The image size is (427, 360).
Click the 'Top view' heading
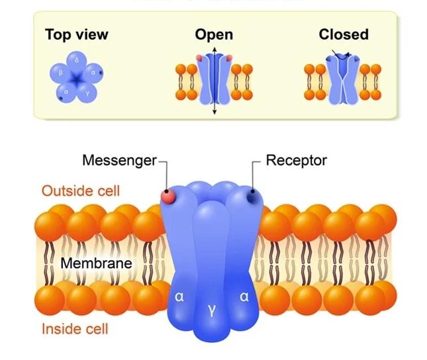[76, 34]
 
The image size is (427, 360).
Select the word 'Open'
[213, 34]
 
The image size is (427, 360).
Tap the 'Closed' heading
[344, 34]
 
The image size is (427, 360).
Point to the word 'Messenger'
[119, 160]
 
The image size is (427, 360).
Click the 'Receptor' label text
[296, 160]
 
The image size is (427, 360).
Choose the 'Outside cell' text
[81, 191]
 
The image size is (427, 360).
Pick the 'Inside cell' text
[75, 328]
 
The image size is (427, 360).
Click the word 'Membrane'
[96, 263]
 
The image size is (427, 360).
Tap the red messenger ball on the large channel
[169, 196]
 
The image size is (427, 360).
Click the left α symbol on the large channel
[179, 297]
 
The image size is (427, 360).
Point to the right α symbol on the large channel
[244, 297]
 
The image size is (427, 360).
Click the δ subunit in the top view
[77, 61]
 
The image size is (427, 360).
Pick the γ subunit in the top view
[87, 93]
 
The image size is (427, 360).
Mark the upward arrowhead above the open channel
[214, 48]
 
